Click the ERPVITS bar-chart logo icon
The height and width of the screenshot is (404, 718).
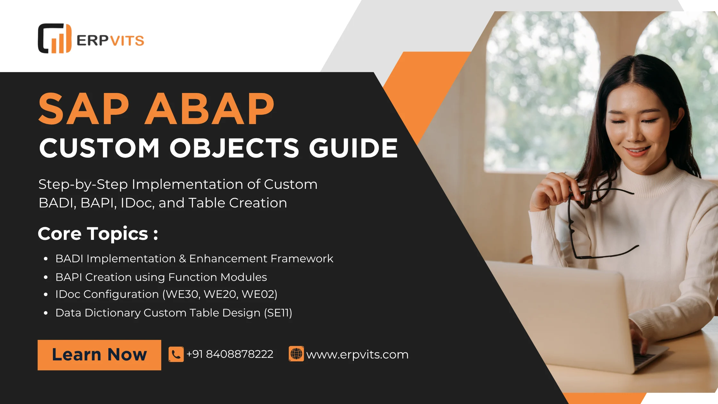pyautogui.click(x=54, y=38)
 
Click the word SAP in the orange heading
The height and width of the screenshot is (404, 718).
pyautogui.click(x=84, y=109)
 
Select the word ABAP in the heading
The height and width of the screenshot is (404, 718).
pyautogui.click(x=210, y=109)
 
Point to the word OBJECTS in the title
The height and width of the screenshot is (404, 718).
pyautogui.click(x=234, y=148)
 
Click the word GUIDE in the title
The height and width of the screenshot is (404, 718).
pyautogui.click(x=353, y=148)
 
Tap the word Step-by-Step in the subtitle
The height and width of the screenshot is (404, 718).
pyautogui.click(x=83, y=185)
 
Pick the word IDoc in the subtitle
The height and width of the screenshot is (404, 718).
pyautogui.click(x=137, y=203)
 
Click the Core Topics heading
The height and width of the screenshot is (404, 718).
pyautogui.click(x=98, y=233)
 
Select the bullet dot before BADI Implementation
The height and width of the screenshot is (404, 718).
pyautogui.click(x=46, y=258)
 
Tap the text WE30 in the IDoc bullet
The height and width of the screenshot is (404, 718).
pyautogui.click(x=182, y=294)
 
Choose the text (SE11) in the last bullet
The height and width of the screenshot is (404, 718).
pyautogui.click(x=278, y=313)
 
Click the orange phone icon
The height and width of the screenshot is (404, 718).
pyautogui.click(x=176, y=354)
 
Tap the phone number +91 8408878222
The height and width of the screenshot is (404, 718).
pyautogui.click(x=230, y=354)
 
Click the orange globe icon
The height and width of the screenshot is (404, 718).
pyautogui.click(x=296, y=354)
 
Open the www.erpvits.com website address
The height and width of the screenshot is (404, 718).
pyautogui.click(x=357, y=355)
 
